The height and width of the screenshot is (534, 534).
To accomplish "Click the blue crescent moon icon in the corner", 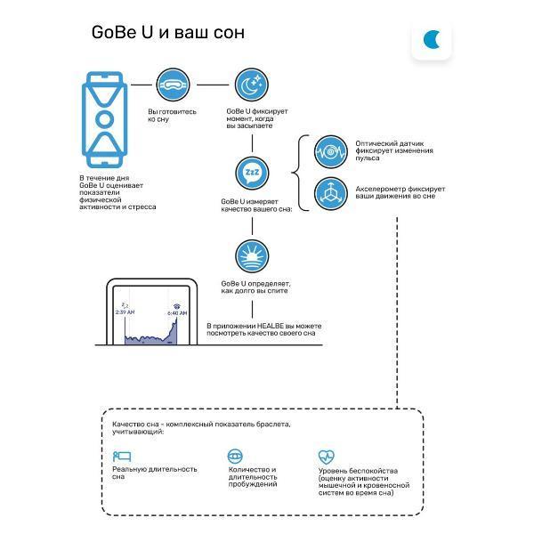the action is (x=430, y=39).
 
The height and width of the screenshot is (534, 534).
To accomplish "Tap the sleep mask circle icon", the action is (x=173, y=85).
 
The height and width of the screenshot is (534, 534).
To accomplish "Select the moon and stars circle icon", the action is (x=252, y=85).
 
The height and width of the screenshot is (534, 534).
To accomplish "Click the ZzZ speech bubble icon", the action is (x=252, y=173).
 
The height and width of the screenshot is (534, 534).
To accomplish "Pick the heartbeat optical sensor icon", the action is (x=331, y=152).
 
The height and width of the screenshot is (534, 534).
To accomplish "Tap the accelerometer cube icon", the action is (x=331, y=193).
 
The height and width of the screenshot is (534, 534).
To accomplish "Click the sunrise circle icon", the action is (x=252, y=256).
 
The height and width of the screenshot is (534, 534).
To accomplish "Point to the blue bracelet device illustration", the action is (x=104, y=119).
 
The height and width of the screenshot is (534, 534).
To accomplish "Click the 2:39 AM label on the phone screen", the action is (x=125, y=312).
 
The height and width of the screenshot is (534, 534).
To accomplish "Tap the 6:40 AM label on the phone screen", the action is (x=177, y=313).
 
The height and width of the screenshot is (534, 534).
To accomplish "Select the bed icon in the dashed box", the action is (x=122, y=456).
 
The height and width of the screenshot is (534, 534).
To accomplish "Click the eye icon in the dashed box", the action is (x=235, y=456).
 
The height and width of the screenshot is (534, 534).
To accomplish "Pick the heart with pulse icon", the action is (x=327, y=457).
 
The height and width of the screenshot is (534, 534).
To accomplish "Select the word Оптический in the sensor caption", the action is (x=376, y=143).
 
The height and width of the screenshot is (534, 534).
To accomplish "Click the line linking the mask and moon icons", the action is (x=213, y=85).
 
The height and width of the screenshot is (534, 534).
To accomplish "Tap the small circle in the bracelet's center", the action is (x=104, y=119).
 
